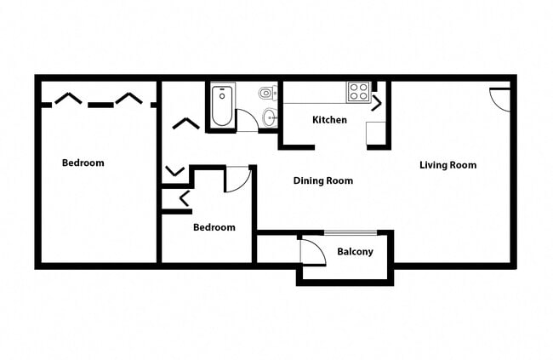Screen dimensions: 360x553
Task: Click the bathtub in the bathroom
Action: (222, 106)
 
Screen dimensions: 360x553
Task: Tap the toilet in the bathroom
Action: (267, 93)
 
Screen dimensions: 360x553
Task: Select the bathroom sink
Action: (269, 117)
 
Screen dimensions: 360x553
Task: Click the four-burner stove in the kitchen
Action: (357, 90)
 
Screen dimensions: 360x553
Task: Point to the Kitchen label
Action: (329, 120)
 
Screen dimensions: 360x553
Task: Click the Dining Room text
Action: (322, 180)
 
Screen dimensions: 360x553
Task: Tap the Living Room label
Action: (448, 165)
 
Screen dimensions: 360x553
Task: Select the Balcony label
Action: (355, 252)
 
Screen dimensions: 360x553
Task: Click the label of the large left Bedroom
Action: (83, 163)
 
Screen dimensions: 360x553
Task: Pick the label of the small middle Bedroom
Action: (214, 227)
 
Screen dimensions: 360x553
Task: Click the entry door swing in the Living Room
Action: (499, 100)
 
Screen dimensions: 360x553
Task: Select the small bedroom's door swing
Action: (238, 180)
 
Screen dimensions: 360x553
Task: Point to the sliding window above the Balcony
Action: (351, 232)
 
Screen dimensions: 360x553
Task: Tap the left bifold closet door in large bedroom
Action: (67, 100)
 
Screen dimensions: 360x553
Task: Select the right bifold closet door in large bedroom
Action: (128, 100)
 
